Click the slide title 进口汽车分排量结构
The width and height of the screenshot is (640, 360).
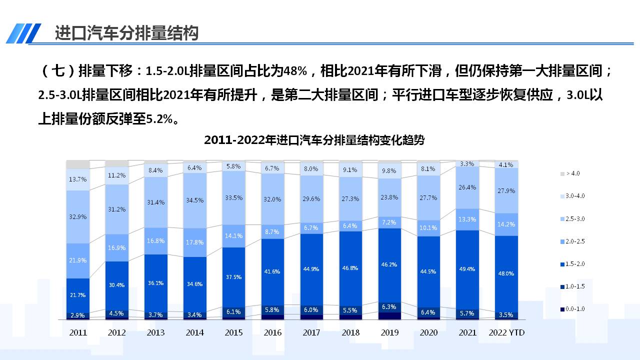point(126,33)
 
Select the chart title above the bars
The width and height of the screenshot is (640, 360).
point(314,140)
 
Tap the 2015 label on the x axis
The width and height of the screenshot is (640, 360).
point(234,332)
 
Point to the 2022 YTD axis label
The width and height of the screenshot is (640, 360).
point(506,332)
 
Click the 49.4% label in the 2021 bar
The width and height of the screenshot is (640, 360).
point(467,268)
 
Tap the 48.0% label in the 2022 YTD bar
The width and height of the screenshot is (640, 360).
point(506,273)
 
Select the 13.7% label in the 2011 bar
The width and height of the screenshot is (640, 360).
point(78,179)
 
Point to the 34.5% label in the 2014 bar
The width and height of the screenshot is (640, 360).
point(195,200)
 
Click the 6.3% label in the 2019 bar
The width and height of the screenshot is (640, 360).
point(389,306)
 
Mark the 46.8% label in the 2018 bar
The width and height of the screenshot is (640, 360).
point(350,268)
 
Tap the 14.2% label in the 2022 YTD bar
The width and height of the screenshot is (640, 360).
point(506,224)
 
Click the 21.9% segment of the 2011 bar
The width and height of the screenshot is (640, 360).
point(78,260)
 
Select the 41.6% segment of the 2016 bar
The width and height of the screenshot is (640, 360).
point(273,271)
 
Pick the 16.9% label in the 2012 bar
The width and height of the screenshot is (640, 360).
point(117,248)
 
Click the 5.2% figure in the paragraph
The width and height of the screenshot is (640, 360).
point(158,119)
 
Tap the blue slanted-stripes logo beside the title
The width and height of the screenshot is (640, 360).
point(23,33)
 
